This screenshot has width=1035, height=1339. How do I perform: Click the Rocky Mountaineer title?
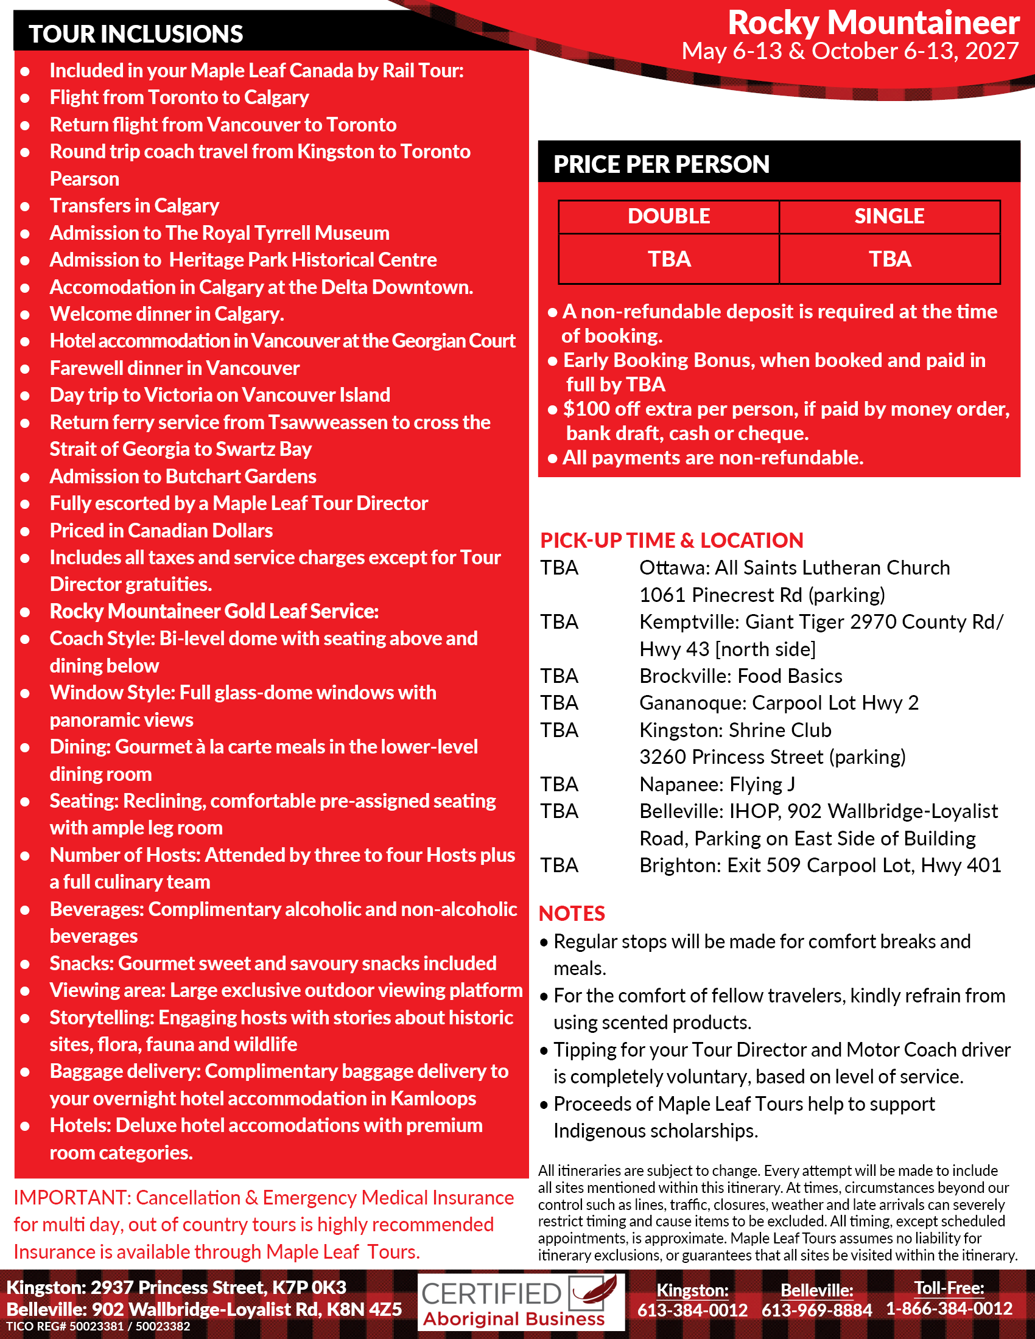tap(872, 23)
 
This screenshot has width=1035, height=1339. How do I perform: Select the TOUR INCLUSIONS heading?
tap(136, 34)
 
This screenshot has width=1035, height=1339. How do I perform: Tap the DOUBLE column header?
tap(668, 217)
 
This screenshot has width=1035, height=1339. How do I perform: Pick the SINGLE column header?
tap(889, 217)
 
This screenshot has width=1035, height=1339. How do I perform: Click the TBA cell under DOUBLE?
tap(669, 259)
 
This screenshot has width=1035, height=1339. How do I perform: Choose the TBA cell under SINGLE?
tap(889, 259)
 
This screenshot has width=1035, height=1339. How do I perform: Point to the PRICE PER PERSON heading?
tap(661, 164)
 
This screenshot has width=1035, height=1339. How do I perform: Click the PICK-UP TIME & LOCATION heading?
tap(672, 540)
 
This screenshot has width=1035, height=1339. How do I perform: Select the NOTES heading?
tap(572, 914)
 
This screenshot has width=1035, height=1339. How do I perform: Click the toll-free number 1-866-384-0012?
tap(949, 1309)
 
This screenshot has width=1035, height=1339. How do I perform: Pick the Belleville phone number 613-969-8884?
tap(816, 1310)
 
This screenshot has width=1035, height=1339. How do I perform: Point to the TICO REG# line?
tap(98, 1326)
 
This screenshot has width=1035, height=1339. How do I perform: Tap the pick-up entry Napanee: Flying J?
tap(717, 784)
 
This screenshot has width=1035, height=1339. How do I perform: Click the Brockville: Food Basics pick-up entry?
tap(741, 676)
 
